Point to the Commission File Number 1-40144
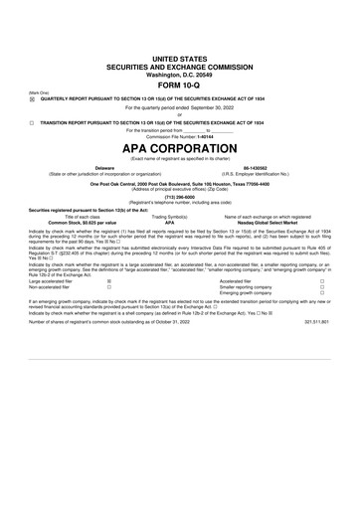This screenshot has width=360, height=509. click(x=180, y=136)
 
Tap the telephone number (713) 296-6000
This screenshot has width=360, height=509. click(x=180, y=196)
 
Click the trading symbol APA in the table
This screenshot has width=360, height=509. click(x=169, y=222)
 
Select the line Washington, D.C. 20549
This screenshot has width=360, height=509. click(x=180, y=74)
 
